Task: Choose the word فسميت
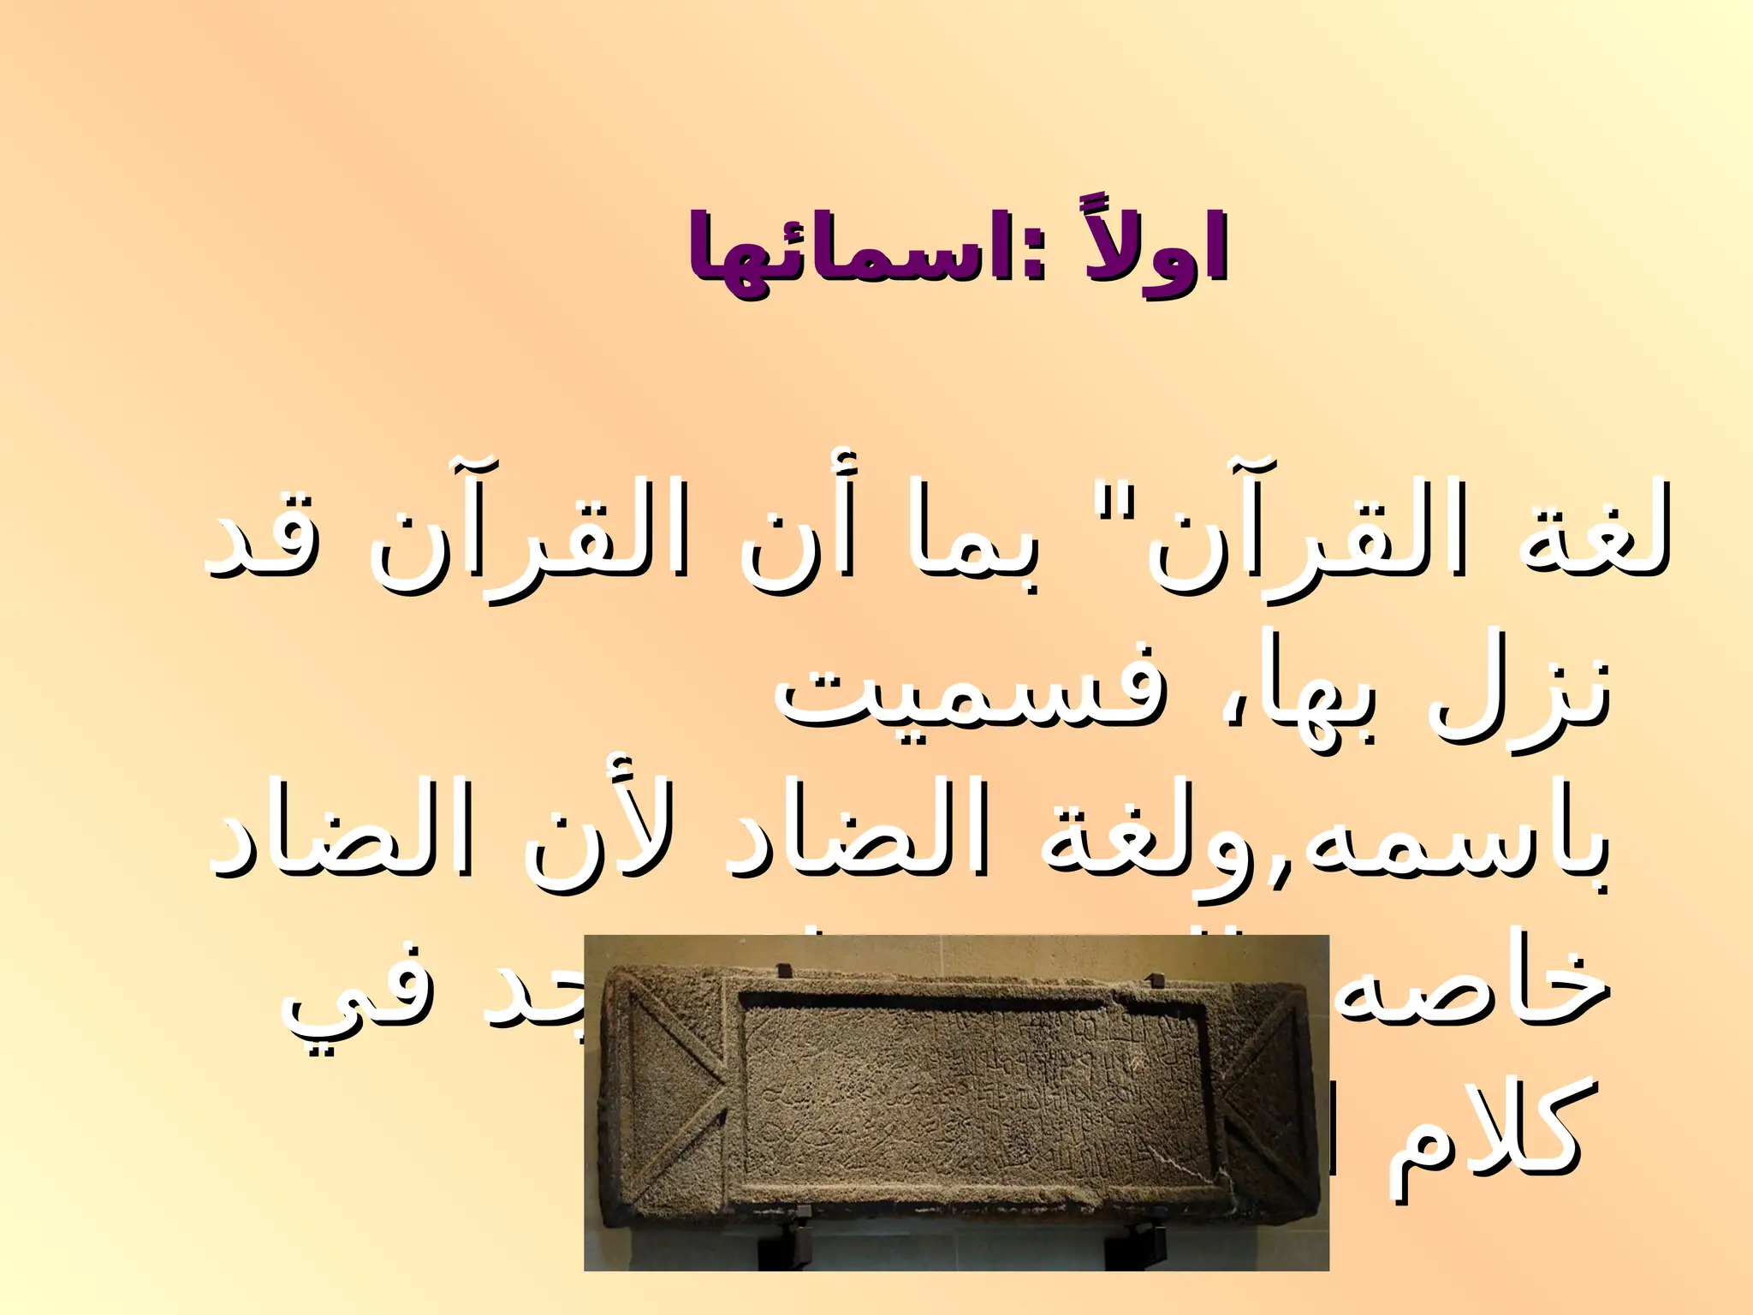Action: coord(967,702)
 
